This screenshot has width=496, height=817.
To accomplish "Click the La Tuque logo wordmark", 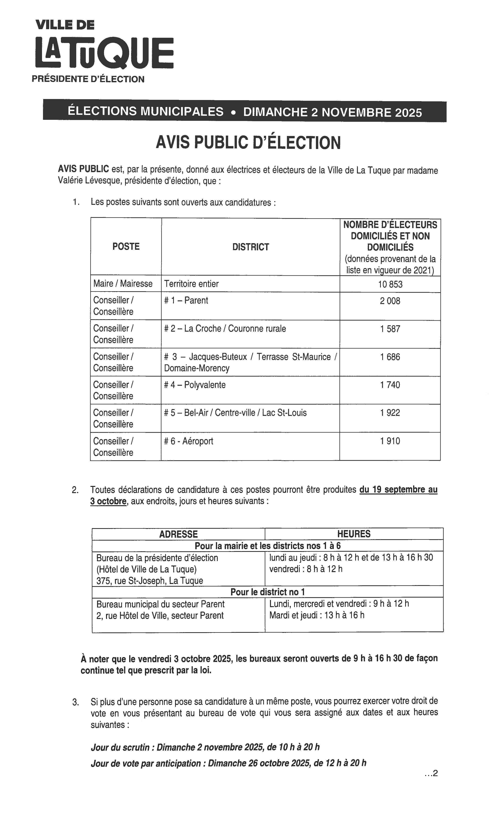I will (x=104, y=52).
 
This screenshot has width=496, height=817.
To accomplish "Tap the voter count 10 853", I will (x=390, y=284).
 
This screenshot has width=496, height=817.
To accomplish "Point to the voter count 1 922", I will (x=390, y=413).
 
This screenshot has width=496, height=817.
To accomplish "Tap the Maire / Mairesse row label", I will (x=123, y=284).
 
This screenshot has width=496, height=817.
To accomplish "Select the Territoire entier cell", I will (x=191, y=284).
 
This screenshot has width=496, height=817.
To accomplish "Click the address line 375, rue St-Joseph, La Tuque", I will (x=150, y=581).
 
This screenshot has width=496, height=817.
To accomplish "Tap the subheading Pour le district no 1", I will (x=268, y=592).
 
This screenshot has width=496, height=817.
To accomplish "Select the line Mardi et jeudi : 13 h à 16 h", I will (x=317, y=615).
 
